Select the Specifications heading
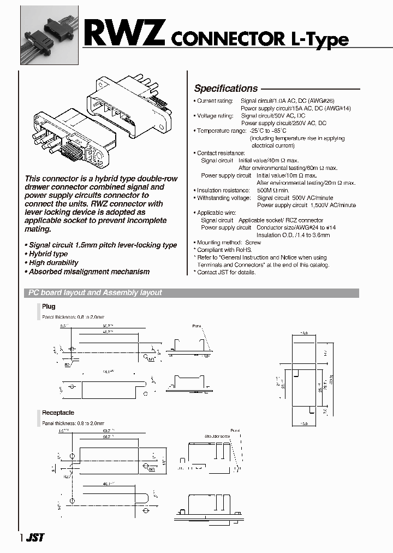(x=226, y=89)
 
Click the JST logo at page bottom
(x=34, y=538)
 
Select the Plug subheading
(x=49, y=307)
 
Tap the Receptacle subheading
(x=58, y=413)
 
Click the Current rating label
(x=215, y=101)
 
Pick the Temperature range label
(x=221, y=131)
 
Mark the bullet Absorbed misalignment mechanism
(x=89, y=272)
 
